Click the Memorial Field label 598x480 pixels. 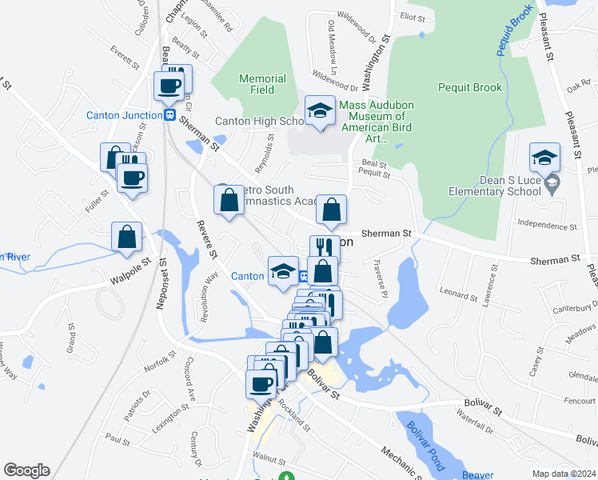[x=261, y=84]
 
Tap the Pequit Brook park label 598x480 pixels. [x=469, y=88]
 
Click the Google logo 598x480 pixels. [x=26, y=470]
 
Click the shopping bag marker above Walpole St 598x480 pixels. [x=126, y=236]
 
